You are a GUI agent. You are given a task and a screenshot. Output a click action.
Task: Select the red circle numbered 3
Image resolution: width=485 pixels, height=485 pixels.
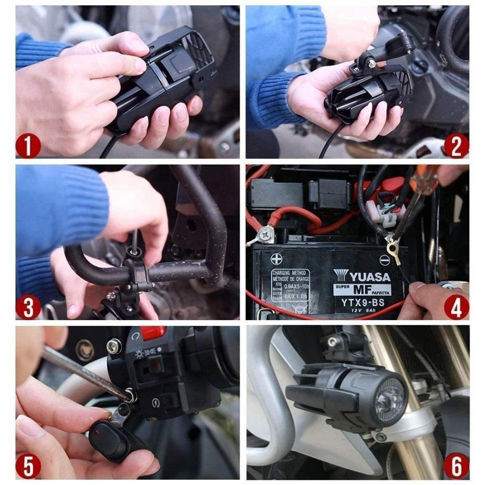point(28,307)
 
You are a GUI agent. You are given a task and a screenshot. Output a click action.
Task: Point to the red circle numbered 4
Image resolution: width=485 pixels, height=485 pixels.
point(456,307)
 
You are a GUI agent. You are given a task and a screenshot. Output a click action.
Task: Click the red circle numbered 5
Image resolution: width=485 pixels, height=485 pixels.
point(28,466)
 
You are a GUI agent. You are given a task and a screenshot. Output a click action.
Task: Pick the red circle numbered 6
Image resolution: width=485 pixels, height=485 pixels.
point(456,466)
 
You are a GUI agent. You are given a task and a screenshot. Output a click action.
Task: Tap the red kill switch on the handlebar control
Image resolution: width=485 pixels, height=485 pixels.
point(153,333)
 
